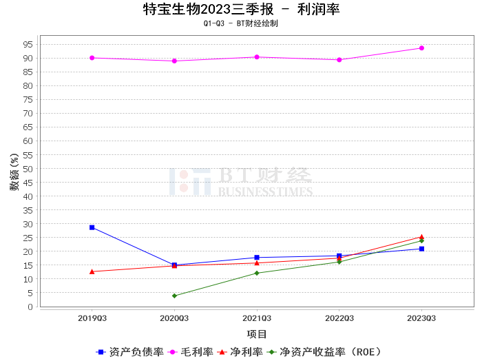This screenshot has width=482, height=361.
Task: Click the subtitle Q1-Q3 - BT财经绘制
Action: click(x=241, y=23)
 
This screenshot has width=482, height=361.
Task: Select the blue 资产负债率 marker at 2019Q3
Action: click(x=92, y=227)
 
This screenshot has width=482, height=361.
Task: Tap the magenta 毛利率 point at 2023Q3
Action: click(x=421, y=48)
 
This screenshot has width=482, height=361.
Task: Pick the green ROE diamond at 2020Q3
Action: click(x=174, y=296)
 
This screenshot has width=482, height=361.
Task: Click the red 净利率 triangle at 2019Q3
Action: click(x=92, y=271)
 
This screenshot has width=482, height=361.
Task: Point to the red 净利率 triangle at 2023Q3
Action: click(x=421, y=237)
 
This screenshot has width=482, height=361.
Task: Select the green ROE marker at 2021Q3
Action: click(x=257, y=273)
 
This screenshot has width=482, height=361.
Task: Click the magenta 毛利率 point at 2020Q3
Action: click(x=174, y=61)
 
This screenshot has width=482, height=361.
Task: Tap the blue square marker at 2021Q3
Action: click(x=257, y=258)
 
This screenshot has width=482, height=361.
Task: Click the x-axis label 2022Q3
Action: click(x=339, y=318)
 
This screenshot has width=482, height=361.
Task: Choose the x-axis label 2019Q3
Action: click(x=92, y=318)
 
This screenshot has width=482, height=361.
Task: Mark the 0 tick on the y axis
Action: click(x=30, y=307)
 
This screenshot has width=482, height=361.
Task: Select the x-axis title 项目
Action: click(x=257, y=334)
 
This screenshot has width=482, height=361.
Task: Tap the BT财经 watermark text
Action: click(x=265, y=175)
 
